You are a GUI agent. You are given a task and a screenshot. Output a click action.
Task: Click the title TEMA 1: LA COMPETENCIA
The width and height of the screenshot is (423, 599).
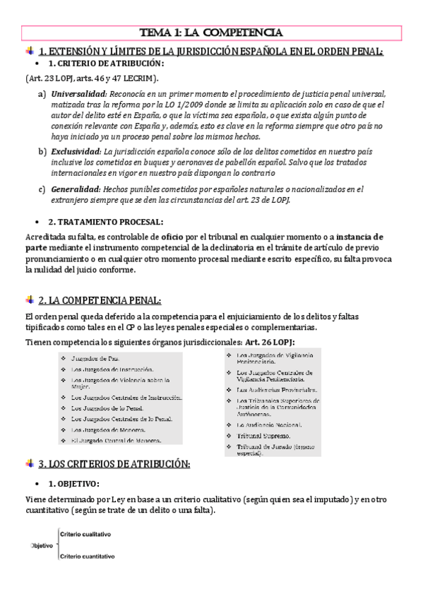(x=211, y=32)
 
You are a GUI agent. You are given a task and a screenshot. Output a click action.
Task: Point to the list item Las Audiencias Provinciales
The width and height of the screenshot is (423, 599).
(x=277, y=389)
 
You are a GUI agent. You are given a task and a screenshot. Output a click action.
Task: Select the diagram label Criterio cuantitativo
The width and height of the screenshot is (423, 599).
(x=88, y=557)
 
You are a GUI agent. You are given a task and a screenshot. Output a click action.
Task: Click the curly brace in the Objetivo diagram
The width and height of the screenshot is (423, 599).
(x=56, y=545)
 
